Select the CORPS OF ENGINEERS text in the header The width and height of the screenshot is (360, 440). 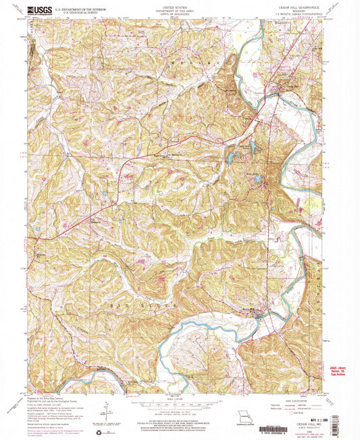tap(180, 14)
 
